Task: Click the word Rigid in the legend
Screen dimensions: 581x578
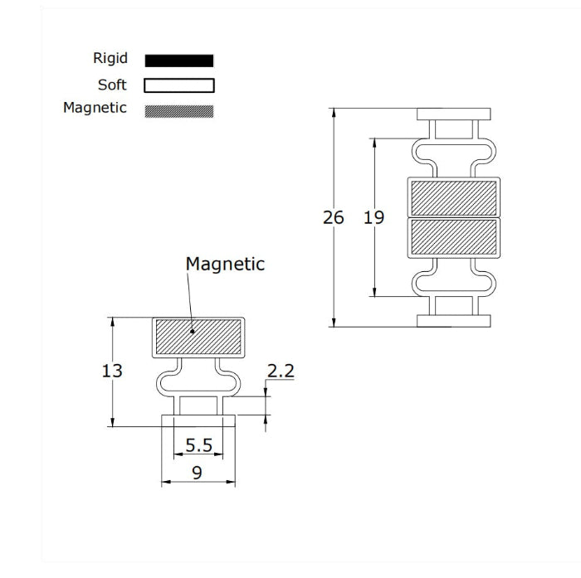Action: point(110,59)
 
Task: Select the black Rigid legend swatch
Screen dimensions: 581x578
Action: point(179,61)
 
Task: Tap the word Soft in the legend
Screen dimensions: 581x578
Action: point(112,85)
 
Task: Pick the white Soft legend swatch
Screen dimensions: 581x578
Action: point(179,85)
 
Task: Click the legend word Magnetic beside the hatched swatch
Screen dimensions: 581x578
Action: point(95,108)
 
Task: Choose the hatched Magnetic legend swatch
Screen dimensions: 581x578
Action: point(179,111)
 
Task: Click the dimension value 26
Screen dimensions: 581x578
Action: point(334,217)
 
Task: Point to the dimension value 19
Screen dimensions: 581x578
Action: point(373,217)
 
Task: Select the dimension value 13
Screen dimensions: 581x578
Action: point(112,371)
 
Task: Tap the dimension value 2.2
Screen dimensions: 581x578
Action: point(281,371)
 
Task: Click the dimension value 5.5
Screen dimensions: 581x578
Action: point(199,445)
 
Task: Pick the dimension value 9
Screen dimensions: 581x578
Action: point(198,473)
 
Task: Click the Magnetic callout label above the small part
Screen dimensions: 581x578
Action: point(225,265)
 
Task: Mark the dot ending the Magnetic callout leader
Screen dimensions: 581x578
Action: point(193,332)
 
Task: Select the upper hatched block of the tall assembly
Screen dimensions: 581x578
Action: point(454,198)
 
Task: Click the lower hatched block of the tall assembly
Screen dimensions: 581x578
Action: point(454,237)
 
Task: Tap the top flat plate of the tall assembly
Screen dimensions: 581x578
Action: point(454,114)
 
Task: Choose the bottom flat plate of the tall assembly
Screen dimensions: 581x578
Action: point(454,321)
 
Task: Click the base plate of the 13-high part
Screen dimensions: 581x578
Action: point(198,420)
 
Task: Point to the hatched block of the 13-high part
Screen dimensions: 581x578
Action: point(198,337)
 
